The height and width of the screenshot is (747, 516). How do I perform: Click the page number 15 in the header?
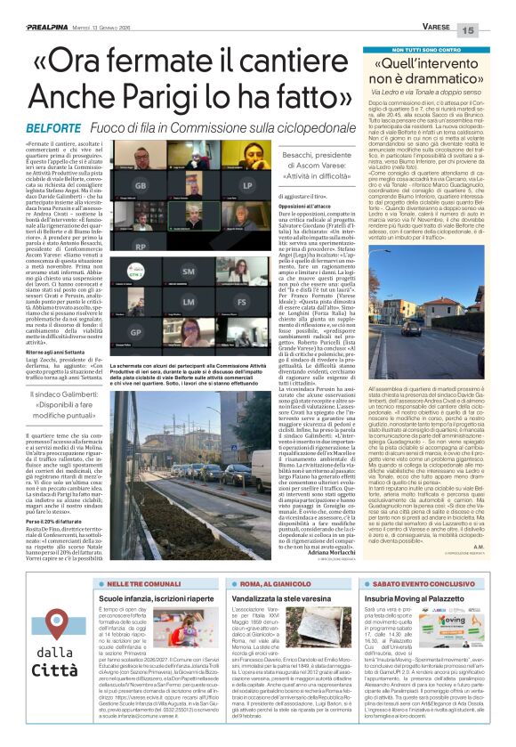[x=494, y=29]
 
